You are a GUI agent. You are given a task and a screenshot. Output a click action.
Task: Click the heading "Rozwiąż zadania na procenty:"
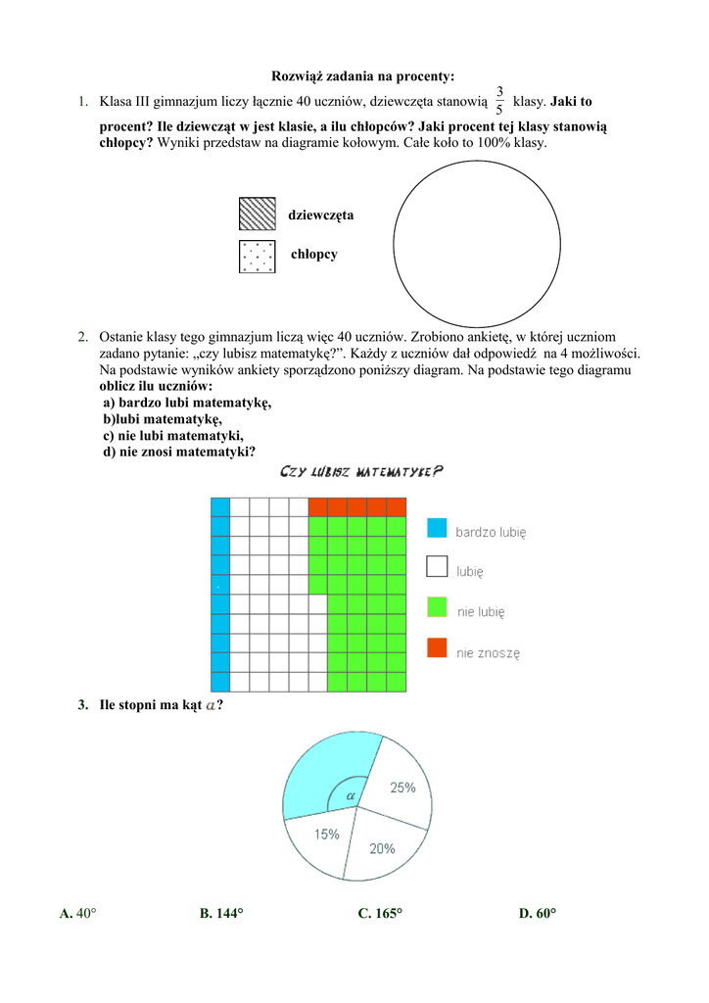(x=362, y=76)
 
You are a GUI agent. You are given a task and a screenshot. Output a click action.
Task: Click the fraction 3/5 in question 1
(x=499, y=101)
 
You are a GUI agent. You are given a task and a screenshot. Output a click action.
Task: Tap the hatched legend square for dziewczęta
(x=258, y=215)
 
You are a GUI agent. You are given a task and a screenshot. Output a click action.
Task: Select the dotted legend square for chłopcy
(x=258, y=255)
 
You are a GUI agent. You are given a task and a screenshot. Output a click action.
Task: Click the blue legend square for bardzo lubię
(x=437, y=528)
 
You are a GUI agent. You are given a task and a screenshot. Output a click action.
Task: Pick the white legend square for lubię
(x=437, y=567)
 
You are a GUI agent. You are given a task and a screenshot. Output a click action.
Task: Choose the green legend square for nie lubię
(x=437, y=607)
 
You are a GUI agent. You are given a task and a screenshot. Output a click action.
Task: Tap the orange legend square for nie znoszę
(x=437, y=647)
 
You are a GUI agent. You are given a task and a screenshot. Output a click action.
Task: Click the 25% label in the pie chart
(x=402, y=788)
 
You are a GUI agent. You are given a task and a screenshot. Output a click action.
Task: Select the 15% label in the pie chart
(x=327, y=835)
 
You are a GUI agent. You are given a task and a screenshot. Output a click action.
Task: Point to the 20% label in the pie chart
(x=382, y=848)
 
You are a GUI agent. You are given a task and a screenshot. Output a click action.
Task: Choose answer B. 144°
(x=221, y=913)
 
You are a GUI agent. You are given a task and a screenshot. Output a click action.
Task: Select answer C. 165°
(x=380, y=913)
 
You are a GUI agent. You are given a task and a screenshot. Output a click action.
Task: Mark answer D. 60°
(x=538, y=913)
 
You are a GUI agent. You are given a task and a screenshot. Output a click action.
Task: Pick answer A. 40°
(x=77, y=913)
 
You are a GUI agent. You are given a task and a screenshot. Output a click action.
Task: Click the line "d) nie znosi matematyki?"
(x=179, y=452)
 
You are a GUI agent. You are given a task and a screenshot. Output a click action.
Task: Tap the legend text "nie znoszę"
(x=489, y=651)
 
